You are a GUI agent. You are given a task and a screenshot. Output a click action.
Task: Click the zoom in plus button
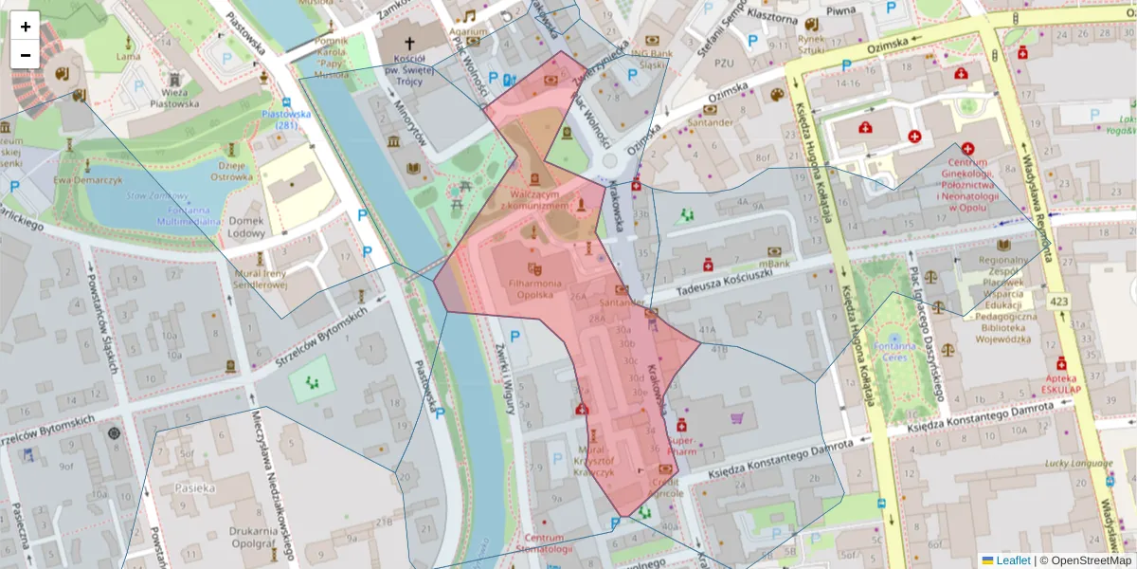point(26,27)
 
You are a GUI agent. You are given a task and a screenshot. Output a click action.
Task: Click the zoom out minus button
point(26,54)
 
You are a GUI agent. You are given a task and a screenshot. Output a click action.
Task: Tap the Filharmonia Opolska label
point(533,289)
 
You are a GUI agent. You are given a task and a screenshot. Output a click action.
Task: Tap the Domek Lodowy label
point(246,227)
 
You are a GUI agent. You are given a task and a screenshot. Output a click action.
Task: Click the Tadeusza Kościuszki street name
point(712,285)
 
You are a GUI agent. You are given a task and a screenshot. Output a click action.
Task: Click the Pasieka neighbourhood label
point(194,487)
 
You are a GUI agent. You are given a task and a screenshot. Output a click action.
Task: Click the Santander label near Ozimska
point(711,122)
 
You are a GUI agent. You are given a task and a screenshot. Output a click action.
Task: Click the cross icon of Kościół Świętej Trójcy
point(410,44)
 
